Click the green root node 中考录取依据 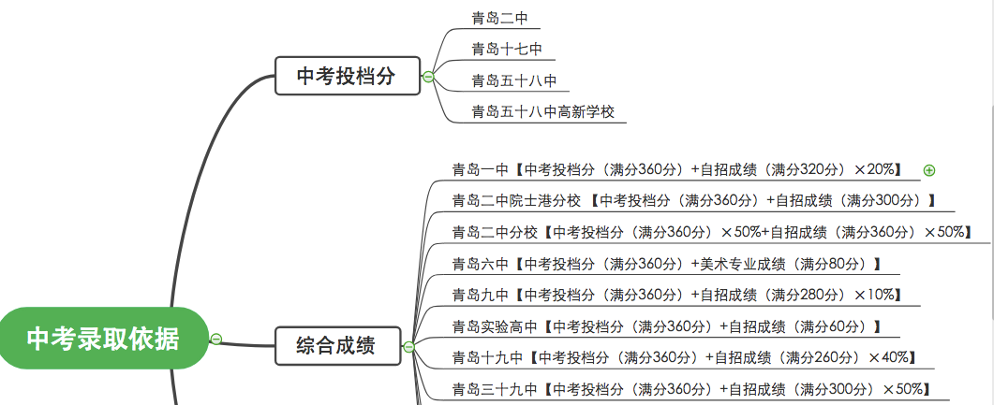102,338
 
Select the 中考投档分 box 346,77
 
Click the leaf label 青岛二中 499,18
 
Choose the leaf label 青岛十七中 507,49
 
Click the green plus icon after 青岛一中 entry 929,170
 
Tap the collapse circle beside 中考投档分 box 428,77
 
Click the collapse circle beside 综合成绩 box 408,347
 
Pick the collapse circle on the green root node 216,339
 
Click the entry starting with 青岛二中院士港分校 694,200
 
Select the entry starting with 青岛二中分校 711,232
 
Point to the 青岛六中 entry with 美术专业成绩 666,264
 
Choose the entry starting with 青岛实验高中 666,326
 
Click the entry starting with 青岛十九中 684,357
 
